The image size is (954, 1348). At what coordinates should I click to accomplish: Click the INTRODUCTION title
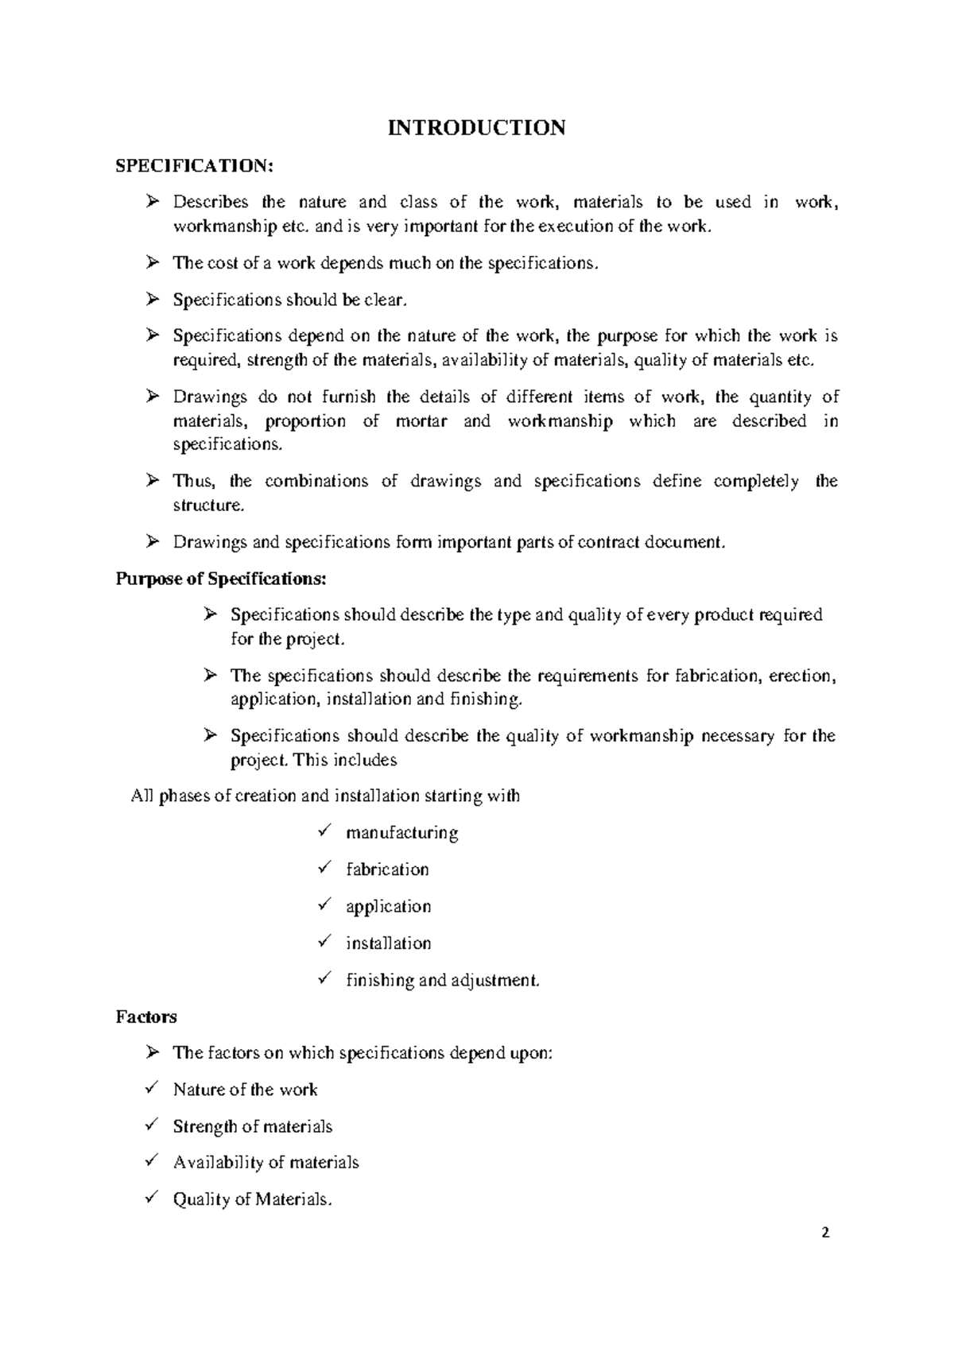point(476,127)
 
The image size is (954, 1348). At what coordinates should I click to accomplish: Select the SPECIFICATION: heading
point(195,165)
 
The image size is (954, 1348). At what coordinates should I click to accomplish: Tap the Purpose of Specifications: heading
point(221,579)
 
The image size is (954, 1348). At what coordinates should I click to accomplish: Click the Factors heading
point(146,1017)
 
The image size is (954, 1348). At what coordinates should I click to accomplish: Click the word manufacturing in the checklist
point(401,833)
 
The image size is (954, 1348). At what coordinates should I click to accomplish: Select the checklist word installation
point(388,943)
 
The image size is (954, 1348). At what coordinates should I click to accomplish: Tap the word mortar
point(421,421)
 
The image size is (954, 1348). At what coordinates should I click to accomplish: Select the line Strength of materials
point(252,1126)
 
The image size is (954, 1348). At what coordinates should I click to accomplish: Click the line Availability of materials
point(266,1163)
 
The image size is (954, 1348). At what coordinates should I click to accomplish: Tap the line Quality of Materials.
point(251,1199)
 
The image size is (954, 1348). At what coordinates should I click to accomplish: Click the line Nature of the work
point(245,1090)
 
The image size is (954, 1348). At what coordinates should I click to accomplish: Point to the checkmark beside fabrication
point(324,868)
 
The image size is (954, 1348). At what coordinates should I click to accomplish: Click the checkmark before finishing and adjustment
point(324,978)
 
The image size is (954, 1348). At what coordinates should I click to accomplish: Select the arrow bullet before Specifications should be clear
point(153,300)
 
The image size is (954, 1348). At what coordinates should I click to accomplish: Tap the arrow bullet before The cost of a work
point(153,263)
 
